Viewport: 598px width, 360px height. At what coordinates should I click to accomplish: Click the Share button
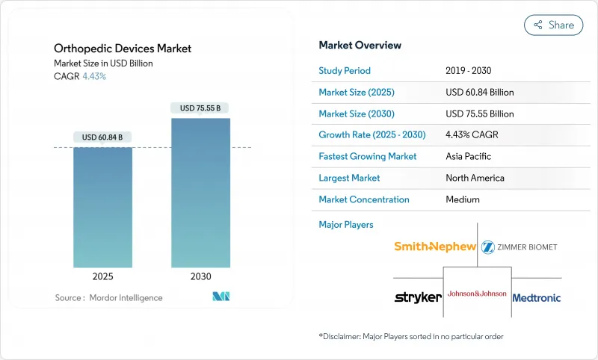(553, 25)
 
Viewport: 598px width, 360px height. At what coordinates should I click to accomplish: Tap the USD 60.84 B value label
(102, 137)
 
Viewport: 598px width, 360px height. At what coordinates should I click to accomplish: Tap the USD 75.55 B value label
(200, 108)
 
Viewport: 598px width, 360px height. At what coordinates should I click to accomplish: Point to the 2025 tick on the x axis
(102, 276)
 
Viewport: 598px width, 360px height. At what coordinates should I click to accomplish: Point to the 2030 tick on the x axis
(200, 276)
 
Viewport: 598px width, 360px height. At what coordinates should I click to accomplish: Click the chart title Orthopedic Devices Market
(123, 49)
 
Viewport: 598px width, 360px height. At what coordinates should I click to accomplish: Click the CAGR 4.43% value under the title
(93, 76)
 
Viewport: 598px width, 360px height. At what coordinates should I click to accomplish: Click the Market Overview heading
(360, 45)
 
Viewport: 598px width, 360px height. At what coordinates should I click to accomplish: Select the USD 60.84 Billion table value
(479, 93)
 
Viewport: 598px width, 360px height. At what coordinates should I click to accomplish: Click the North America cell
(474, 178)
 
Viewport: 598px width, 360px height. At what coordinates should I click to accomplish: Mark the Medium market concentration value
(462, 199)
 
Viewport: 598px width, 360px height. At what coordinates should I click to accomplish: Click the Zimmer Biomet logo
(520, 246)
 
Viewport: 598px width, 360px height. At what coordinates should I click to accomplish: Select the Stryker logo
(417, 297)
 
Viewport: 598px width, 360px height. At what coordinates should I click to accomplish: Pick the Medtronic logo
(537, 297)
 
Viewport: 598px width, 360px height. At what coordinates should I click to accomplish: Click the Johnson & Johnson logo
(477, 294)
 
